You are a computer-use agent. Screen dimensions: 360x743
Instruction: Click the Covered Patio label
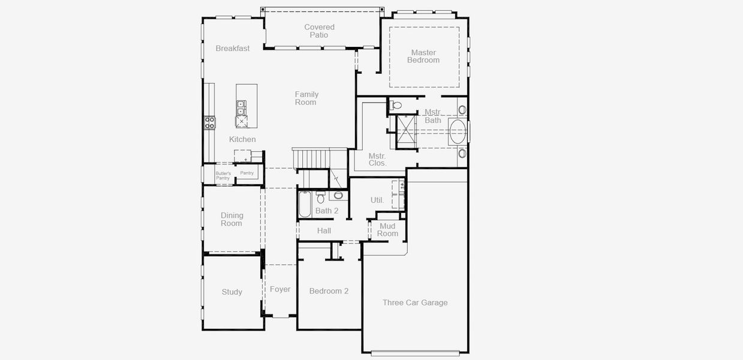pos(319,31)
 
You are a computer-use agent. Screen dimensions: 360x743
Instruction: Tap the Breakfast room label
pos(233,49)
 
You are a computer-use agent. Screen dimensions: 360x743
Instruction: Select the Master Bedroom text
pos(423,56)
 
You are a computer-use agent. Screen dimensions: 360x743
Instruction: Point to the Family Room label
pos(306,98)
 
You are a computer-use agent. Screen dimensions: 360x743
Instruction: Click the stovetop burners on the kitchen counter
pos(209,123)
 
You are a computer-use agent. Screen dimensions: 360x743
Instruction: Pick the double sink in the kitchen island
pos(241,107)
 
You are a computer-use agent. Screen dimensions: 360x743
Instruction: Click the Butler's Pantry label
pos(223,176)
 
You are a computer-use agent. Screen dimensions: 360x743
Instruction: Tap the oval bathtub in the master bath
pos(458,131)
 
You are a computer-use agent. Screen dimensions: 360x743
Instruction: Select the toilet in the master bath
pos(396,106)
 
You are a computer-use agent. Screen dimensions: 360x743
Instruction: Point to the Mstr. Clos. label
pos(378,159)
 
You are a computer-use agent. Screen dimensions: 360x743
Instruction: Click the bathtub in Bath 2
pos(305,204)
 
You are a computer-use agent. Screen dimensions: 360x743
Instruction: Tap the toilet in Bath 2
pos(321,197)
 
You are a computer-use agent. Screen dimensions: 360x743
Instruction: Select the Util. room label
pos(377,200)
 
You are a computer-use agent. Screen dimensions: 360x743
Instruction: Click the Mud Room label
pos(387,230)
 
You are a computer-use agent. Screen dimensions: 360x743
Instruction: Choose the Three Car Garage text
pos(415,303)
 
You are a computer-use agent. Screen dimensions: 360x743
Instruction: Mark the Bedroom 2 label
pos(329,292)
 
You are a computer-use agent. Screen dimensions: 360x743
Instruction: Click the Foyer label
pos(280,290)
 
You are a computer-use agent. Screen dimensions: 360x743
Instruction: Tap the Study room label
pos(232,292)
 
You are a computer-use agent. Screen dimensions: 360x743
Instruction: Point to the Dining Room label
pos(231,220)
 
